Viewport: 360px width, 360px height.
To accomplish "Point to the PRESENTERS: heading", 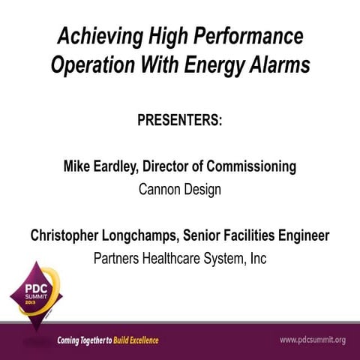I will (180, 121).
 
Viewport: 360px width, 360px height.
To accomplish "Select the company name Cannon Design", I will (180, 189).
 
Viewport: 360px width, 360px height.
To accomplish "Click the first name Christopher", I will (70, 235).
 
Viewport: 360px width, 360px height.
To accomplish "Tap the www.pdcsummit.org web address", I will (312, 340).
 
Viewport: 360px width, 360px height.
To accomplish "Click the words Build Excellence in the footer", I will (136, 340).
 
